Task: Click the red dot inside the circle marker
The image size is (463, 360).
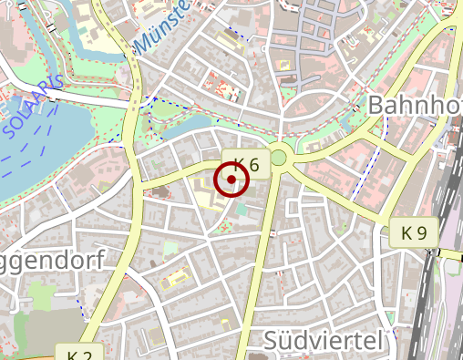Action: [232, 180]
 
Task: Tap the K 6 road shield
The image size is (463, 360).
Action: [246, 164]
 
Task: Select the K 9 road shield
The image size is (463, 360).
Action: [413, 233]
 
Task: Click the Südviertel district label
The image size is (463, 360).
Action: [322, 341]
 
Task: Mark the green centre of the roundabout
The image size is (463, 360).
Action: [278, 159]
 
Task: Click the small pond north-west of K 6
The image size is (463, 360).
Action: [196, 123]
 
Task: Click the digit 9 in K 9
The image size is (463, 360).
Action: [421, 233]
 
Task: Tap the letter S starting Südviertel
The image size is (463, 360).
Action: [272, 341]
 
